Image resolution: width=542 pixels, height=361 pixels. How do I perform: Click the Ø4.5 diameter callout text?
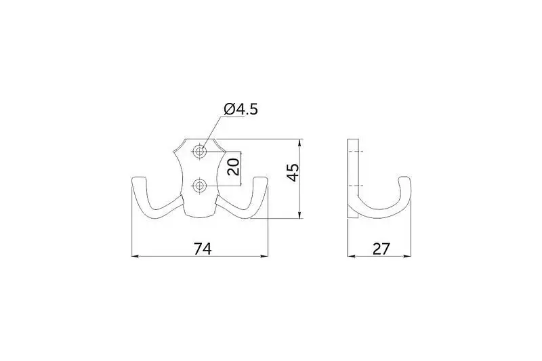[x=241, y=109]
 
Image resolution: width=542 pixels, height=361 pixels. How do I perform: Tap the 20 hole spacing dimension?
[x=234, y=167]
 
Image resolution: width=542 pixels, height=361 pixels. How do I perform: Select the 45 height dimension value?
[x=293, y=173]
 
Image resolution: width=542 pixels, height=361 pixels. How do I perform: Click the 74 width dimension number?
[x=202, y=249]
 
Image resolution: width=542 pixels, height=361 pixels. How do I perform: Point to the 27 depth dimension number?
[x=381, y=249]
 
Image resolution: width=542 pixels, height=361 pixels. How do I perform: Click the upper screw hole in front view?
[x=199, y=152]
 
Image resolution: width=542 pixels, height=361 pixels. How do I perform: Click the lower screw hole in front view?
[x=199, y=186]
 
